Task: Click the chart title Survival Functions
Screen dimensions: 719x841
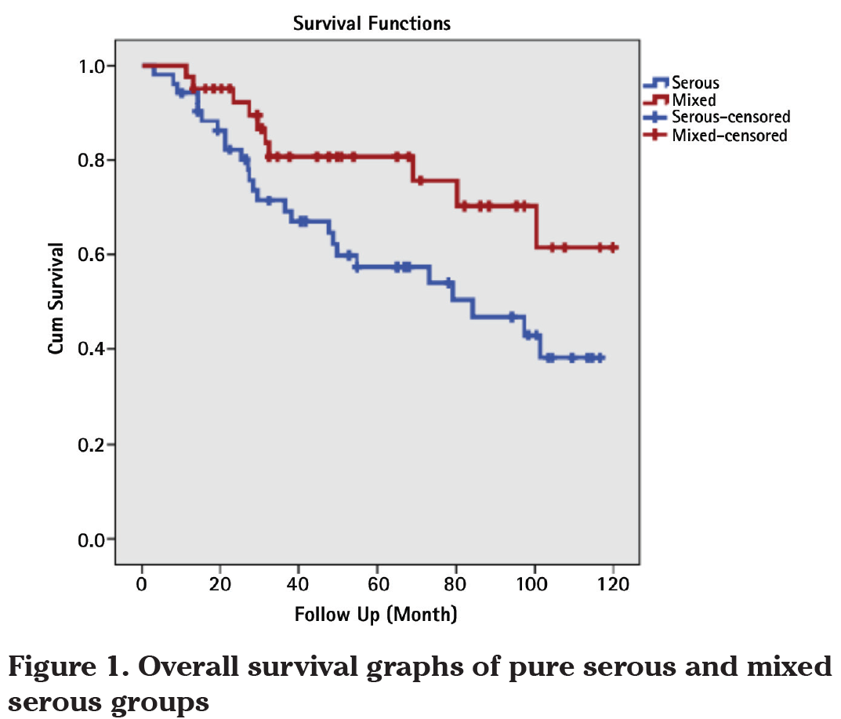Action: [x=372, y=24]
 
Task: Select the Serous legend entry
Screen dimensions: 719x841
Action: [x=694, y=83]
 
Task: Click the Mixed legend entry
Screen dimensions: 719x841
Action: [x=693, y=100]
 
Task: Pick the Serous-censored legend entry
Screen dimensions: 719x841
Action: [x=730, y=118]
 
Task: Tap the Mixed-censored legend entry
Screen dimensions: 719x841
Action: [x=728, y=136]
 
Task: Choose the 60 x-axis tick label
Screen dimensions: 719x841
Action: [x=377, y=584]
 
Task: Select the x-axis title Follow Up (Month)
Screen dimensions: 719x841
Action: [x=375, y=613]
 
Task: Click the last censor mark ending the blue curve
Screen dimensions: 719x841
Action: [x=600, y=358]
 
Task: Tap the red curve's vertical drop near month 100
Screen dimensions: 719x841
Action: [x=537, y=227]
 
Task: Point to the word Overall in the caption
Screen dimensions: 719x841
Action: [x=186, y=669]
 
